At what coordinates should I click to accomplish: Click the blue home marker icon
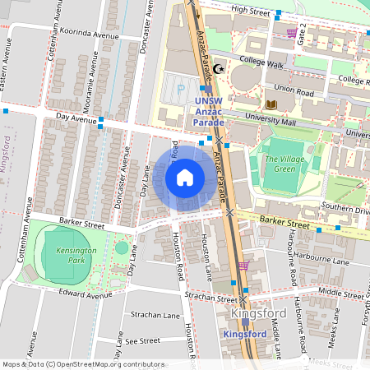click(185, 176)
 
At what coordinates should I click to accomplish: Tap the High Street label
click(250, 10)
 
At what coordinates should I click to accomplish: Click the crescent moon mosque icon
click(218, 70)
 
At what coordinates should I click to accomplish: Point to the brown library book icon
click(271, 104)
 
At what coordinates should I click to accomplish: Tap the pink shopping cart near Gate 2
click(292, 33)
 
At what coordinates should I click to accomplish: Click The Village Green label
click(284, 163)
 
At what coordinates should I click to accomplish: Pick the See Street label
click(141, 340)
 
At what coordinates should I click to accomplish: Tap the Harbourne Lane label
click(327, 261)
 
